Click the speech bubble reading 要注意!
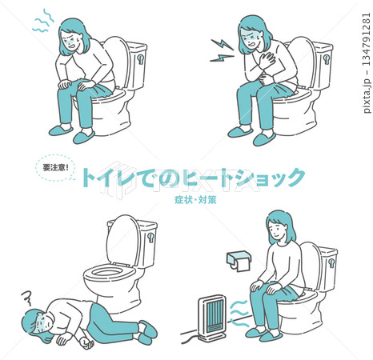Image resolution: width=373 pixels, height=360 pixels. click(x=55, y=167)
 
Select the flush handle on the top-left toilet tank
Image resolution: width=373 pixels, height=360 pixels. click(x=141, y=58)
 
